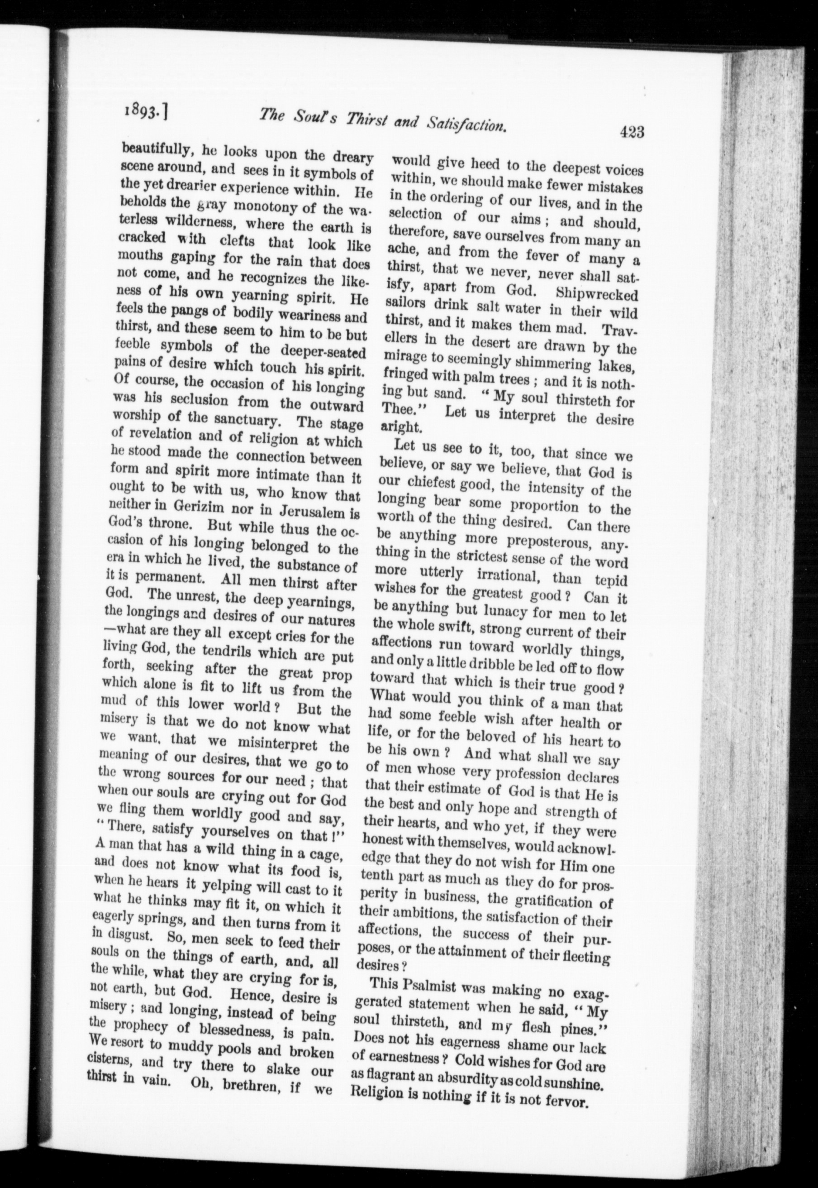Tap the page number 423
point(631,132)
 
